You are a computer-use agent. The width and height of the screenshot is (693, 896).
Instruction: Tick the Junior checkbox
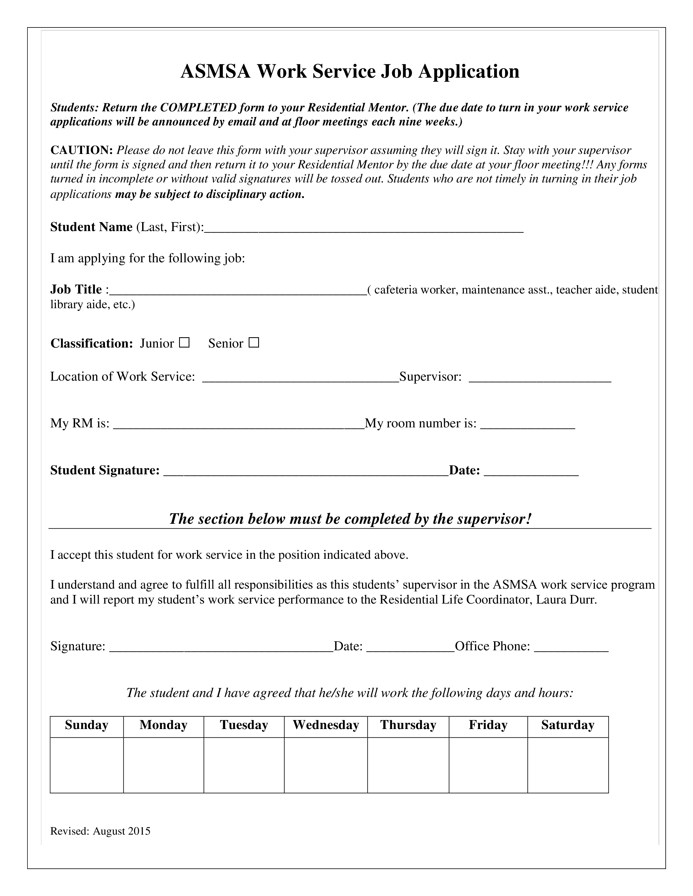[184, 343]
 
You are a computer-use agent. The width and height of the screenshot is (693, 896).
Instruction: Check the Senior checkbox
[254, 343]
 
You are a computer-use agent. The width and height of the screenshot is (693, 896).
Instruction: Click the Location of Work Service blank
[301, 378]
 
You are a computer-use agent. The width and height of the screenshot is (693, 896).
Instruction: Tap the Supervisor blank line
[540, 378]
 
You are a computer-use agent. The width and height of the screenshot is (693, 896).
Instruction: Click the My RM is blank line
[239, 425]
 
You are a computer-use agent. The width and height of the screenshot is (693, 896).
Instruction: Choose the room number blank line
[527, 425]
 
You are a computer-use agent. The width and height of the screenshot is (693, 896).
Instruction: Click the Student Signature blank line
[306, 472]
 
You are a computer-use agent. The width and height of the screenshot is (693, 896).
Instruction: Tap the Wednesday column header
[326, 725]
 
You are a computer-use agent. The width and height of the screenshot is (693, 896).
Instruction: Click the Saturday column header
[568, 725]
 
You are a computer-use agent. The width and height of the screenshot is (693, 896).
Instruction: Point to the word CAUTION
[81, 150]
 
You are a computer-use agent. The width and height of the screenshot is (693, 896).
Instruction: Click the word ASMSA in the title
[215, 71]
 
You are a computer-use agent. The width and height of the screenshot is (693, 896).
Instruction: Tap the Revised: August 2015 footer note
[100, 831]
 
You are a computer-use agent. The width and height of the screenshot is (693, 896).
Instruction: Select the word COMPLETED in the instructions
[198, 108]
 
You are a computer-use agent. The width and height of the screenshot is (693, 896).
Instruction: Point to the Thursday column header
[408, 725]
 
